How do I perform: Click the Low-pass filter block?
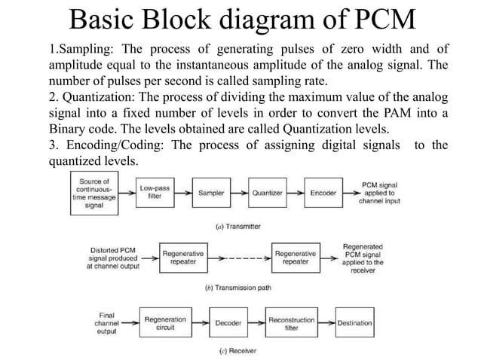pos(154,192)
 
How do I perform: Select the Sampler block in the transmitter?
pos(211,193)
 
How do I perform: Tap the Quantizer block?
pos(267,193)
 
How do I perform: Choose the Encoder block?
pos(323,193)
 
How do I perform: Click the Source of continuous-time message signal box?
pos(94,193)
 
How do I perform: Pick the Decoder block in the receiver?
pos(228,323)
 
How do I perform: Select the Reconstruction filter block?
pos(292,323)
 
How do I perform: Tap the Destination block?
pos(354,323)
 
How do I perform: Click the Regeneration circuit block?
pos(165,323)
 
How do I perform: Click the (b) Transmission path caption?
pos(238,288)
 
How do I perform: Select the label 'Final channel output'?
pos(107,322)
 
